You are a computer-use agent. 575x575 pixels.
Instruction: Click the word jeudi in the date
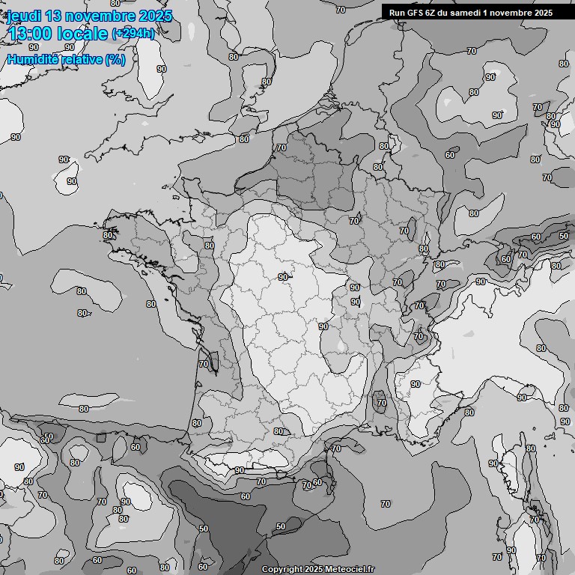click(x=26, y=16)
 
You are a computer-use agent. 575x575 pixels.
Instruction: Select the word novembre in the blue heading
click(x=104, y=16)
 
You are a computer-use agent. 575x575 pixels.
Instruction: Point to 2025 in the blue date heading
click(x=156, y=16)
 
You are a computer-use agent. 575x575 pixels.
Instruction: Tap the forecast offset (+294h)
click(x=133, y=34)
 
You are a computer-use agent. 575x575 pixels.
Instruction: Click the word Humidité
click(x=33, y=59)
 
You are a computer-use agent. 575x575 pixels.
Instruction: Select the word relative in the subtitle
click(x=82, y=59)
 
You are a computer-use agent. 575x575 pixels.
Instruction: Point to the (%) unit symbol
click(x=115, y=59)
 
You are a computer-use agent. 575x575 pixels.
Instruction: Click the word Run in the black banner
click(x=397, y=12)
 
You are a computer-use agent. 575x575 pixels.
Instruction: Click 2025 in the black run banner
click(x=542, y=12)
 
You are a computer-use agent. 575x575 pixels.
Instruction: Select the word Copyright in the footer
click(x=282, y=569)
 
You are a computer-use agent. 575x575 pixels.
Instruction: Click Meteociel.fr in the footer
click(x=349, y=569)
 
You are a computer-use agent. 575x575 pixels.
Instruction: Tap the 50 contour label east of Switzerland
click(x=563, y=236)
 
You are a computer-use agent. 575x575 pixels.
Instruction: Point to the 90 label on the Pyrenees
click(x=239, y=470)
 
